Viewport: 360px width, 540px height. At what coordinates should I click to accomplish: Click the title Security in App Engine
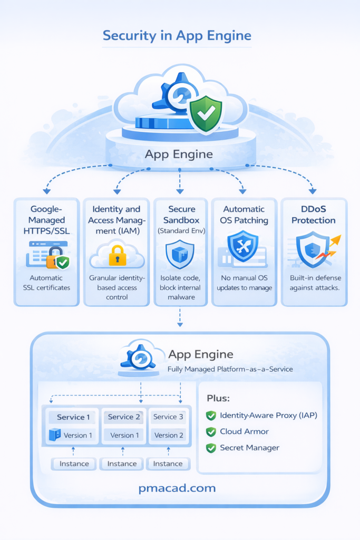[x=177, y=36]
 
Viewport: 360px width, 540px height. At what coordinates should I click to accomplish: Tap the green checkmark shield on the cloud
[x=206, y=113]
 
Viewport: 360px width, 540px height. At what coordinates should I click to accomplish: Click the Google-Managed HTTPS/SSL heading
[x=47, y=220]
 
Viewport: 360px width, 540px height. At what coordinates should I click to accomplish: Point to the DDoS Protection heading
[x=314, y=215]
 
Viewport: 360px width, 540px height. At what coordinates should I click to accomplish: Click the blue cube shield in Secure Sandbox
[x=180, y=253]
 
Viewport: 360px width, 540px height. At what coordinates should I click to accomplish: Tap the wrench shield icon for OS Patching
[x=242, y=246]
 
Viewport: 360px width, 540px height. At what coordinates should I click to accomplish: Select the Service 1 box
[x=73, y=417]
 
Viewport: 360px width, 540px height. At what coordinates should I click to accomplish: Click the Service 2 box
[x=124, y=417]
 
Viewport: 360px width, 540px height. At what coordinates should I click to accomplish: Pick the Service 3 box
[x=169, y=417]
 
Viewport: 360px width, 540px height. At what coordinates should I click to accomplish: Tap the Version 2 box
[x=169, y=435]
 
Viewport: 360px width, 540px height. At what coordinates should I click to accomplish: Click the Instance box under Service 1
[x=74, y=464]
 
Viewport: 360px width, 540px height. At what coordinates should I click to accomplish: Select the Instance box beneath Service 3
[x=168, y=464]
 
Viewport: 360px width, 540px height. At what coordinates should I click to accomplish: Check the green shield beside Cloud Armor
[x=211, y=432]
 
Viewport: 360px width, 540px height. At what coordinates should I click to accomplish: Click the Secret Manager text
[x=249, y=448]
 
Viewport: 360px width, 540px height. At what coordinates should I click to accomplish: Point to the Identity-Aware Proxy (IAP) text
[x=268, y=416]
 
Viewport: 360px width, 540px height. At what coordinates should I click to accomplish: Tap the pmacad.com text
[x=177, y=488]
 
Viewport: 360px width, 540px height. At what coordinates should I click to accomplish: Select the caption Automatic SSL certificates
[x=47, y=283]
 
